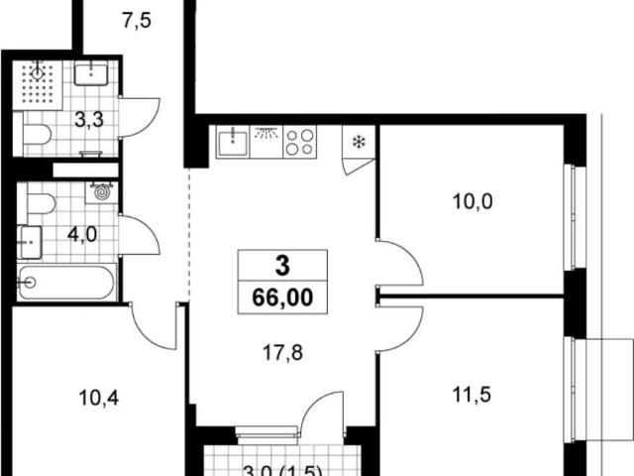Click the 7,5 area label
[137, 20]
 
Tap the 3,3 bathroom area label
[89, 120]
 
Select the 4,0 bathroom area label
[82, 234]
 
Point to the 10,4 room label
[99, 399]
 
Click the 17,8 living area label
[282, 353]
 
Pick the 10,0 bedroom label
[473, 202]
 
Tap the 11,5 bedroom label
[472, 395]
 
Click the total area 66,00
[282, 297]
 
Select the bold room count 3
[282, 267]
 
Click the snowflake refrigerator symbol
[359, 142]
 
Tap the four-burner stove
[299, 142]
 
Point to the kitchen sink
[233, 141]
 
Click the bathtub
[66, 283]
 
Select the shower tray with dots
[38, 85]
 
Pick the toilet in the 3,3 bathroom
[37, 134]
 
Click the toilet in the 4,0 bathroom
[41, 203]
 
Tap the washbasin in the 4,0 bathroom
[31, 242]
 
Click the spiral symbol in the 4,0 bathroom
[101, 191]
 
